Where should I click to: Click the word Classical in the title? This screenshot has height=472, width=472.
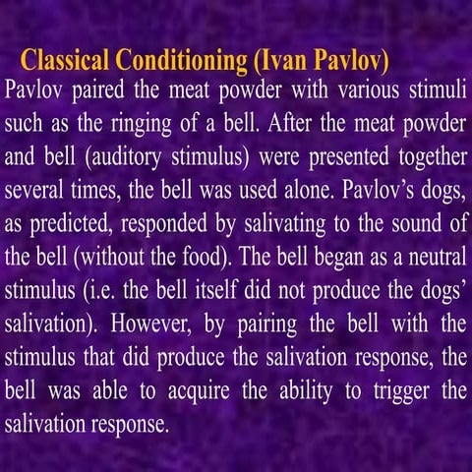coord(64,59)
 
